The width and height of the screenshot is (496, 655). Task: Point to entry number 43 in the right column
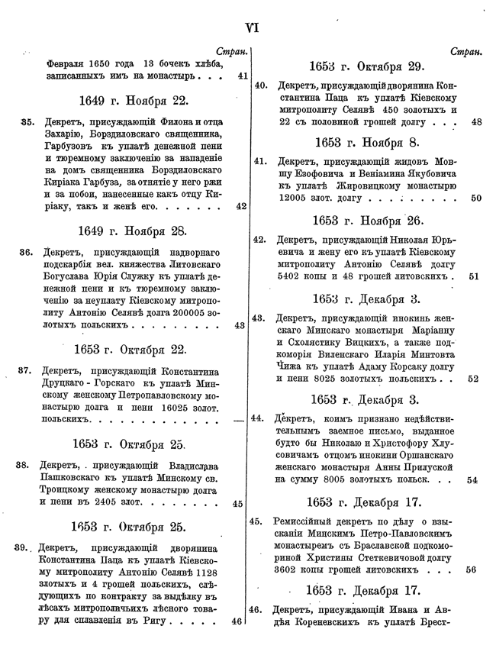259,318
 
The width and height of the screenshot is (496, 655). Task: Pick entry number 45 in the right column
259,521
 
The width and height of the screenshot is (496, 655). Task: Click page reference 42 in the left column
240,206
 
